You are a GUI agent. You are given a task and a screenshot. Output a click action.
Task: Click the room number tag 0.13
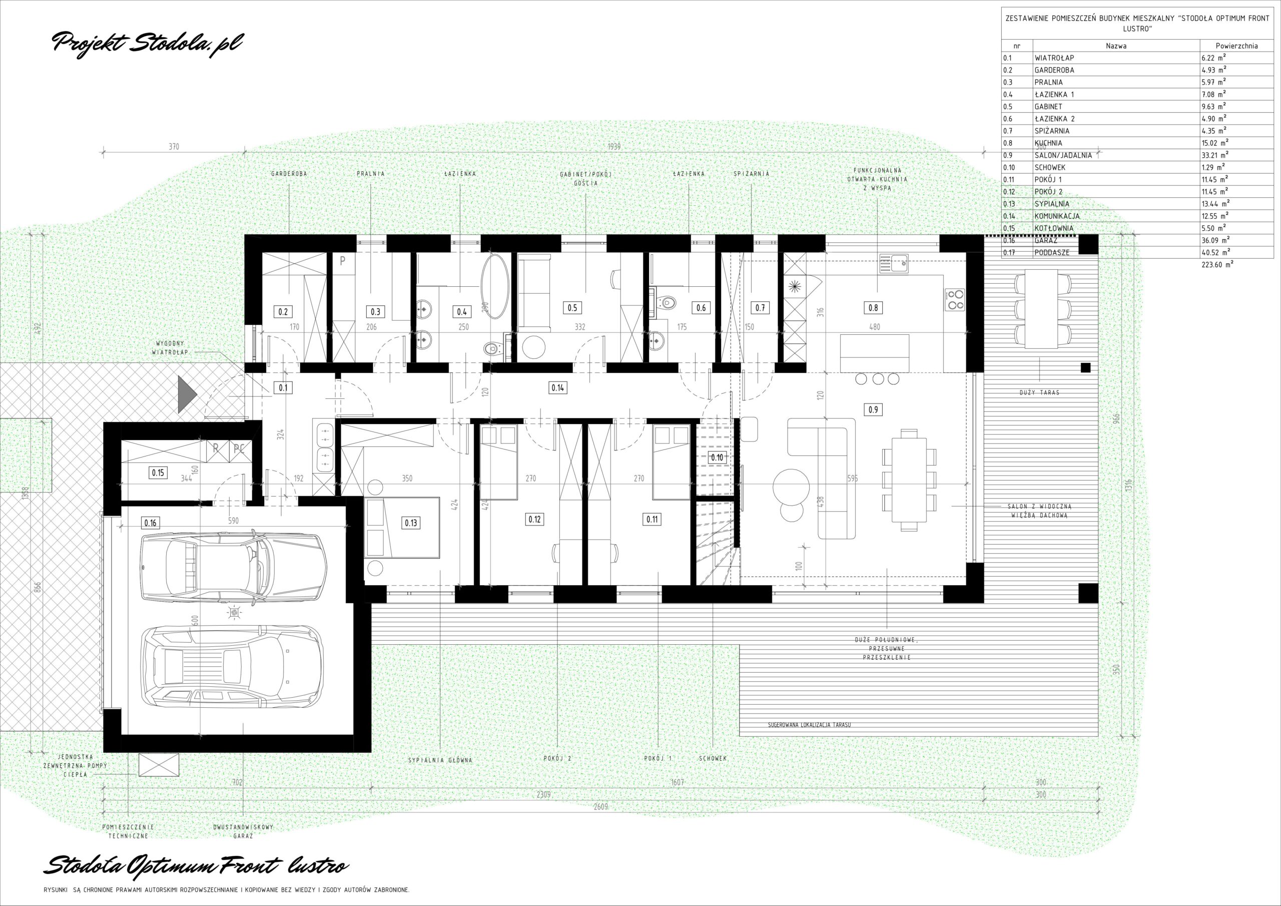(411, 523)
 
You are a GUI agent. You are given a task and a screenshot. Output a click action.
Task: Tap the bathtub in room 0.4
(495, 286)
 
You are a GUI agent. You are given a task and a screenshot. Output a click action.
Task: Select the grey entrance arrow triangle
(188, 394)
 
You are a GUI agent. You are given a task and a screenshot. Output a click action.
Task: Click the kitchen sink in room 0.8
(894, 263)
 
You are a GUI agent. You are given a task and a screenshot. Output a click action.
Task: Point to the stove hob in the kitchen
(955, 299)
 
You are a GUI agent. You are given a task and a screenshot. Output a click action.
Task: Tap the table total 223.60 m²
(1217, 265)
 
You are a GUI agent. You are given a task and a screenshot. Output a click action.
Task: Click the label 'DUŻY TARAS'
(1039, 392)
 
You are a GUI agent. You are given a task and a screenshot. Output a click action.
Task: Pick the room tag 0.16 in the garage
(151, 523)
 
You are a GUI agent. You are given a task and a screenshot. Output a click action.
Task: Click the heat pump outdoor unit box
(159, 765)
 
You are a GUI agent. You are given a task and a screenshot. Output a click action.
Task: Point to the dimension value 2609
(600, 806)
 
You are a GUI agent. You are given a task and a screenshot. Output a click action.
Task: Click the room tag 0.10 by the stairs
(717, 458)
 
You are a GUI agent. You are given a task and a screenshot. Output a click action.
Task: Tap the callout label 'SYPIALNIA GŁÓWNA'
(440, 760)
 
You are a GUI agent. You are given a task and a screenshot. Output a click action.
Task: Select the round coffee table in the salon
(791, 487)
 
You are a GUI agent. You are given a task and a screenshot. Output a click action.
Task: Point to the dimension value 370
(174, 147)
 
